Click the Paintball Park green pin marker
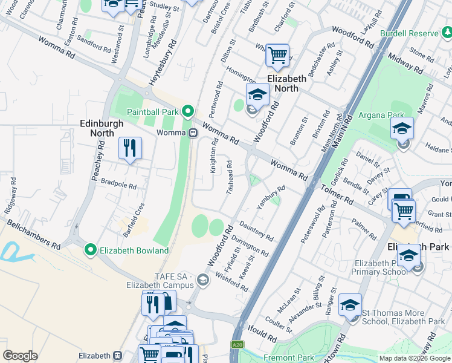187,112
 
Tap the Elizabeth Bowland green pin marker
91,250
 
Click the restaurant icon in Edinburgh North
130,148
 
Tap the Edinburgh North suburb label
102,128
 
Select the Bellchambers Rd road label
34,235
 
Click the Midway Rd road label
405,62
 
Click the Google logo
20,356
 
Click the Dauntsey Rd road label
256,229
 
